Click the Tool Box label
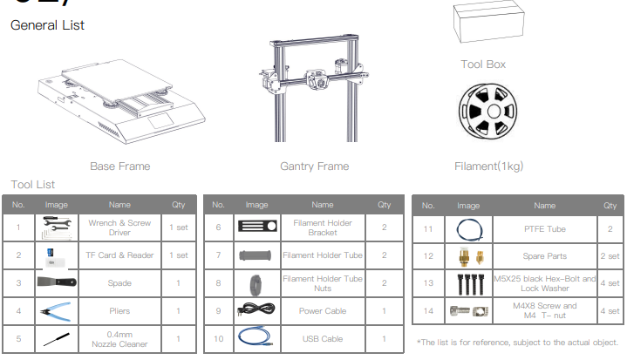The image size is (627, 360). [483, 65]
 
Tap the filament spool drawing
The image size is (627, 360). [487, 111]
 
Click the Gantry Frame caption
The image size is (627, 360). [314, 166]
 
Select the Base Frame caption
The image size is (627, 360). [120, 166]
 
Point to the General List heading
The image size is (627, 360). [47, 25]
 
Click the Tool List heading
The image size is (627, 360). [33, 185]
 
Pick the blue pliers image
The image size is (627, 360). [57, 311]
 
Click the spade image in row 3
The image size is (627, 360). [57, 282]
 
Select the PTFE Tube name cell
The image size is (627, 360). [545, 229]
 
